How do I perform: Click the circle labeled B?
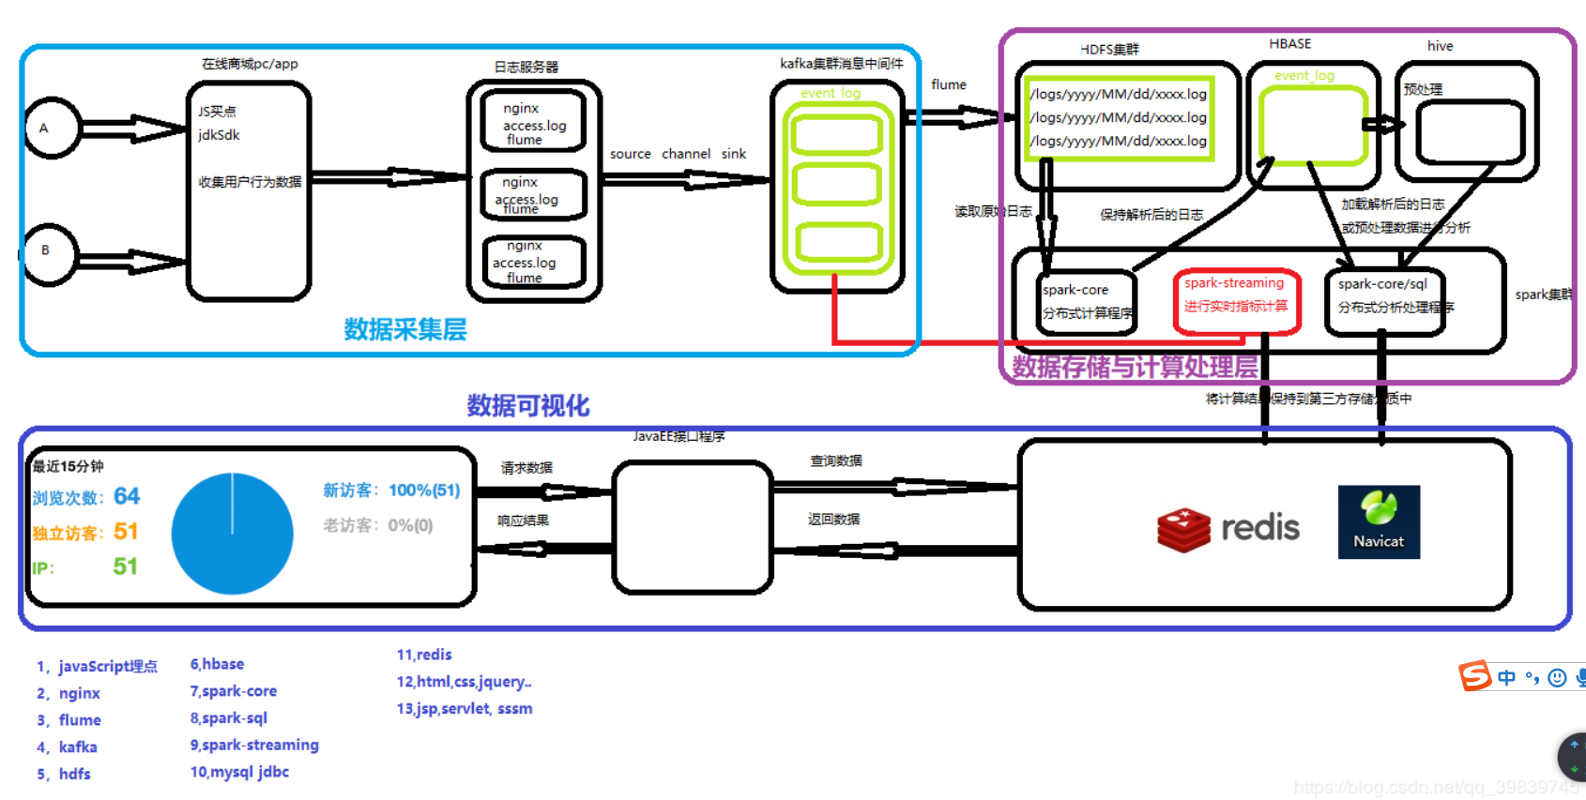50,253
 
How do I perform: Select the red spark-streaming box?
1236,300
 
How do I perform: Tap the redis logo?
1228,529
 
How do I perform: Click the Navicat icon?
1379,521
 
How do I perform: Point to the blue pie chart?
232,534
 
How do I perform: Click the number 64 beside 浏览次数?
127,496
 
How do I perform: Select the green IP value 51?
125,566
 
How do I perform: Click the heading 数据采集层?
404,329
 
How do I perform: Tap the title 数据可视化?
528,405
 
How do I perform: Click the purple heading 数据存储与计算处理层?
1135,367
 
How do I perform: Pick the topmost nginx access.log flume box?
534,123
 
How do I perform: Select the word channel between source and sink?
686,154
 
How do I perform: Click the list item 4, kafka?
68,747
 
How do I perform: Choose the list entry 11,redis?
424,655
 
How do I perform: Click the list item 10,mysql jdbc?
239,772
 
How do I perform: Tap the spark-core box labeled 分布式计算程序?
1087,302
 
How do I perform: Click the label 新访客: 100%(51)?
391,491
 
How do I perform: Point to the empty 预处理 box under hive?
1470,132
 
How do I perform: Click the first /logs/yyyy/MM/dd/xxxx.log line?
1118,95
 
